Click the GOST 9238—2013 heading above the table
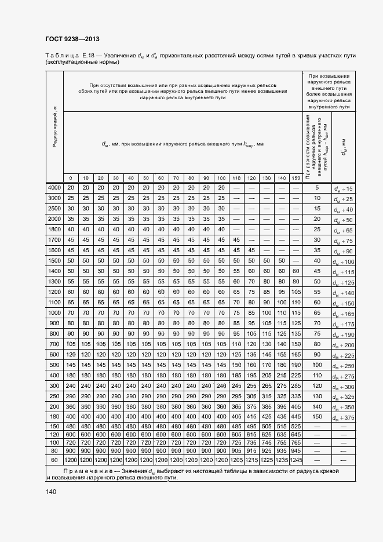tap(71, 39)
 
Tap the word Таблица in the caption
tap(60, 55)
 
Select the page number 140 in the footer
tap(51, 492)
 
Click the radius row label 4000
tap(54, 188)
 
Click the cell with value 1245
tap(297, 459)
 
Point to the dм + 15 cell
tap(344, 188)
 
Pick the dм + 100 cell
tap(344, 261)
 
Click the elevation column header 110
tap(236, 177)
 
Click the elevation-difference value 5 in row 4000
tap(317, 188)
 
